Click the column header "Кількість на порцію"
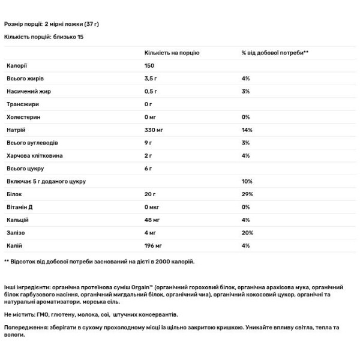point(172,53)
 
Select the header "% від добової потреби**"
point(275,53)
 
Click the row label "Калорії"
point(17,66)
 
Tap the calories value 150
point(150,66)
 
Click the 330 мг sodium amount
point(154,130)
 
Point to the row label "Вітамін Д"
point(20,206)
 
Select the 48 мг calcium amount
point(153,220)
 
